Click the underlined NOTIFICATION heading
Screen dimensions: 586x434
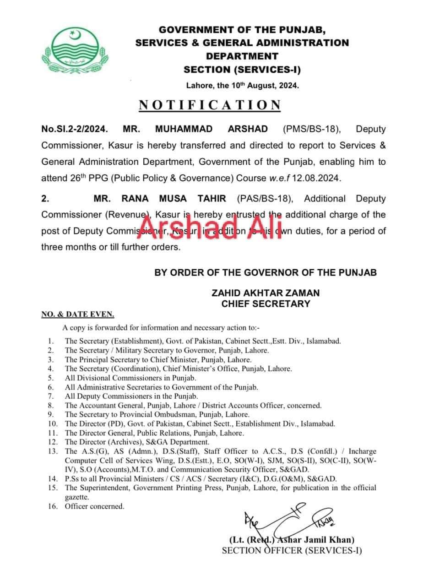210,105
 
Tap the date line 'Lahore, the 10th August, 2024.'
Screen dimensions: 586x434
243,85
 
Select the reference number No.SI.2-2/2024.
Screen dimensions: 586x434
75,129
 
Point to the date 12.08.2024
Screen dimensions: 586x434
316,178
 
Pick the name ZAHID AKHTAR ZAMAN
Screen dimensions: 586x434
265,293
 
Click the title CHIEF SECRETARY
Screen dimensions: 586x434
265,304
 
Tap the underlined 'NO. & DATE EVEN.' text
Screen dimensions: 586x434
78,315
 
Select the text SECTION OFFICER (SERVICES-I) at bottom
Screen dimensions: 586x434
292,551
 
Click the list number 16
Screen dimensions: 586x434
51,506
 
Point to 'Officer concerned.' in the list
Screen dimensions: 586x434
94,506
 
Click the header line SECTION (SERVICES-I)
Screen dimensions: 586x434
242,70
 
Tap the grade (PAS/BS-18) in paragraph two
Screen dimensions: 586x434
267,198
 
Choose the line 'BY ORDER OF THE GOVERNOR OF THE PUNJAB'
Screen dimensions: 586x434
266,272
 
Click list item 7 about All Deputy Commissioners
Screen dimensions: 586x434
131,396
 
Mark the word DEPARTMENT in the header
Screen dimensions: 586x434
242,56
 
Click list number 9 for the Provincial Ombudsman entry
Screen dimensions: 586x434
51,414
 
